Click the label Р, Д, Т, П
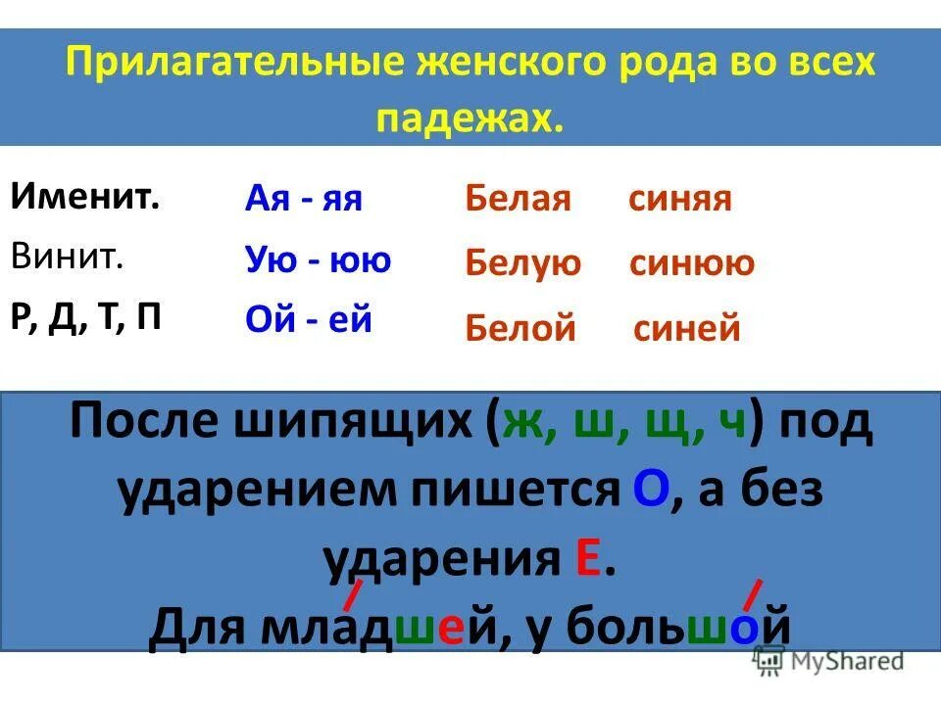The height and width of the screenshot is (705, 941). [x=86, y=319]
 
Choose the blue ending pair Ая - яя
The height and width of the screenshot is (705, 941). [x=303, y=199]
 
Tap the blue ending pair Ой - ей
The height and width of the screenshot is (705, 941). [x=308, y=320]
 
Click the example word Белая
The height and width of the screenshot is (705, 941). [x=518, y=200]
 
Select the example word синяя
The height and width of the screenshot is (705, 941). [x=679, y=200]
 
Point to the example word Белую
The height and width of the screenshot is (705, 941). [x=522, y=263]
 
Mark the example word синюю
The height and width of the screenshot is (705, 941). [x=691, y=263]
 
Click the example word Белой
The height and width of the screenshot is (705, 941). [x=520, y=328]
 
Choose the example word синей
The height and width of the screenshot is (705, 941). [x=686, y=328]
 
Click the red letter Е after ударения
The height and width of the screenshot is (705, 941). [x=588, y=560]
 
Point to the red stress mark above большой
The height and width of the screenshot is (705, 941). [x=753, y=594]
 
